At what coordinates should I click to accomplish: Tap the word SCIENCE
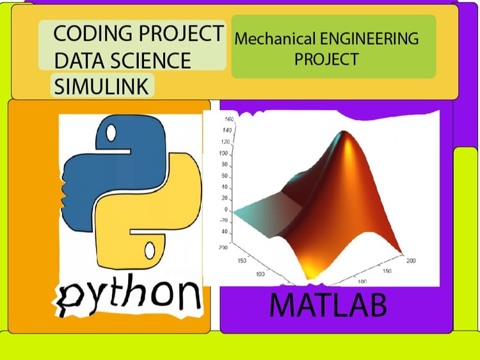(x=150, y=60)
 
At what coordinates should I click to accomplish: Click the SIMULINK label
(x=101, y=86)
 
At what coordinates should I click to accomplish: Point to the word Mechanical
(x=275, y=39)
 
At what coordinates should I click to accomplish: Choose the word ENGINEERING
(x=369, y=39)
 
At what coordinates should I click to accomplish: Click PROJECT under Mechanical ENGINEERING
(x=326, y=59)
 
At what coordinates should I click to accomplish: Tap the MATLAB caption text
(x=328, y=305)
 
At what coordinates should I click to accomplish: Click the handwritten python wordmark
(x=129, y=295)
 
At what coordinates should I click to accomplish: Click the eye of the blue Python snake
(x=111, y=133)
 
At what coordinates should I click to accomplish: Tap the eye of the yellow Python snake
(x=150, y=250)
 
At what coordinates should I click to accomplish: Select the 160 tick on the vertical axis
(x=229, y=119)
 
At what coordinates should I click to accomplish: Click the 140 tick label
(x=227, y=130)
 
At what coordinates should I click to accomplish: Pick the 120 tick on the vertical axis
(x=225, y=142)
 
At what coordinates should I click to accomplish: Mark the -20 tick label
(x=224, y=220)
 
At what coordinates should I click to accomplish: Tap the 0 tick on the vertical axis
(x=226, y=209)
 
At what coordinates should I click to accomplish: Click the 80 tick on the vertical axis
(x=225, y=165)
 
